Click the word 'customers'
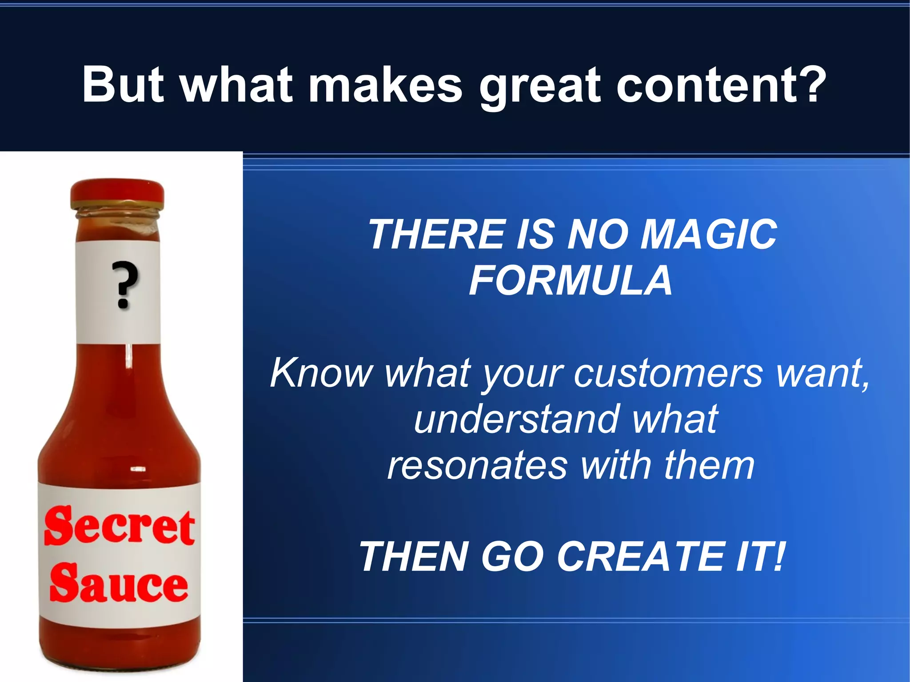668,373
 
